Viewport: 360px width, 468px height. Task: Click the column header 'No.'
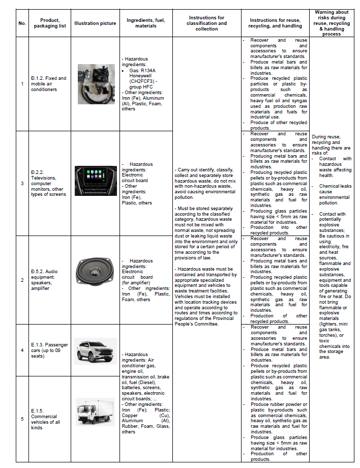(x=22, y=23)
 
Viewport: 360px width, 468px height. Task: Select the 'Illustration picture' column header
(x=95, y=23)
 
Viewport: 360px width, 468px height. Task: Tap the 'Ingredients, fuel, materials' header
(x=146, y=23)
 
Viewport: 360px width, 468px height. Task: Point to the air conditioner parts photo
(x=96, y=83)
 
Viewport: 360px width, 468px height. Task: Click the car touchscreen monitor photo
(x=96, y=181)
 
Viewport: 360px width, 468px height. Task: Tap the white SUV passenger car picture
(x=95, y=350)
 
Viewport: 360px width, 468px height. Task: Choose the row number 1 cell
(x=22, y=84)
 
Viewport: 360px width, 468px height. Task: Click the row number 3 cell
(x=22, y=183)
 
